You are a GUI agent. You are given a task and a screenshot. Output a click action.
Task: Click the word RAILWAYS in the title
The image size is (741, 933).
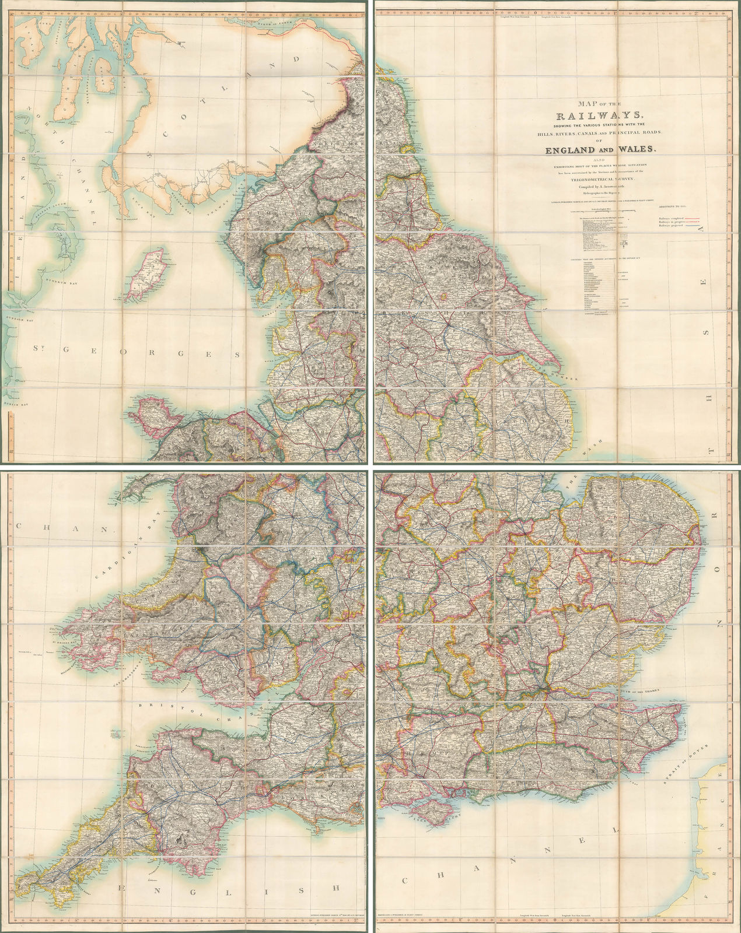601,115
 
